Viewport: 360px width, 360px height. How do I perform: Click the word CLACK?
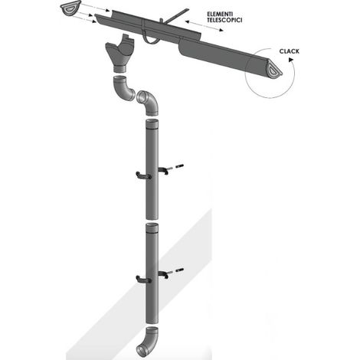point(289,51)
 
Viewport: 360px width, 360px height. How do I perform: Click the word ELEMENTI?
point(220,14)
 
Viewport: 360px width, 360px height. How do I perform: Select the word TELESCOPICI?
point(224,20)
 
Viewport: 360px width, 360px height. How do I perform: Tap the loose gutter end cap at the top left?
point(71,8)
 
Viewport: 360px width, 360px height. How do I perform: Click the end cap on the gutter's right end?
point(274,70)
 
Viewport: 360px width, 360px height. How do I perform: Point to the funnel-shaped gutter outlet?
point(119,53)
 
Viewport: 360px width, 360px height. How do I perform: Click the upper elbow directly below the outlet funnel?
point(123,88)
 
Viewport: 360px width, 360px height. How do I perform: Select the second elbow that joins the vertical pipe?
point(148,102)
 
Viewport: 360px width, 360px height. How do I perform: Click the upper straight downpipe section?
point(152,169)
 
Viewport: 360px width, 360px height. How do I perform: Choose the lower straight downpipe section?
point(152,273)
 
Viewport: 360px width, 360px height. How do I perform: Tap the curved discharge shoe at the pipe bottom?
point(148,341)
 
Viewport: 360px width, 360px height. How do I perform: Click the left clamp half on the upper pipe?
point(143,175)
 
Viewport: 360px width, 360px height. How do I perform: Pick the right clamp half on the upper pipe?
point(163,170)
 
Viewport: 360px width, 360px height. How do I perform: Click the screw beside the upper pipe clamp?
point(179,166)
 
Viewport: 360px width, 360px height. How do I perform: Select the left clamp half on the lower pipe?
point(143,280)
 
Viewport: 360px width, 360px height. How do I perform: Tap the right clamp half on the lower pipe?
point(163,274)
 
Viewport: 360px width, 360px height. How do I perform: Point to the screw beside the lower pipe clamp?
point(179,270)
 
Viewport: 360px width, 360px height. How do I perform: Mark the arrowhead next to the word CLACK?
point(291,60)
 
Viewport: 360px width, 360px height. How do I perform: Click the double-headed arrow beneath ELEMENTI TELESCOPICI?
point(204,26)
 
